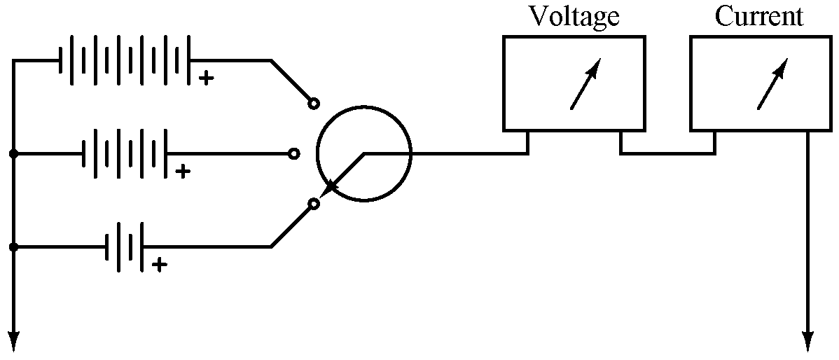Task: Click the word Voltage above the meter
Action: [574, 16]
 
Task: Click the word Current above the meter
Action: [759, 16]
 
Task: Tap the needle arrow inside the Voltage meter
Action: [585, 84]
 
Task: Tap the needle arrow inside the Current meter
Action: [772, 84]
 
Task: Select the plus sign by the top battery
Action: [205, 78]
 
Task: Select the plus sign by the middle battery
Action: [182, 171]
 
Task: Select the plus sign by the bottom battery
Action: [160, 264]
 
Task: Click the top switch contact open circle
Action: [314, 104]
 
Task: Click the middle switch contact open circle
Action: [294, 153]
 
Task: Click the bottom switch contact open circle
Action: [314, 204]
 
